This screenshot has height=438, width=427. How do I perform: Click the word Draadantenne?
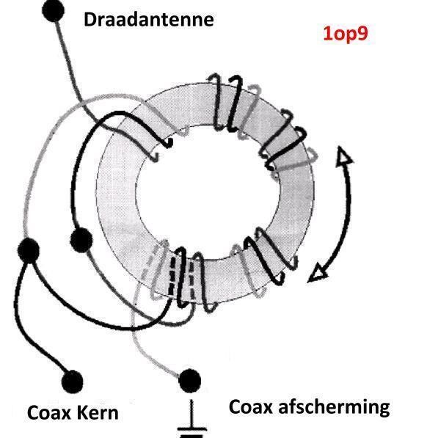[149, 20]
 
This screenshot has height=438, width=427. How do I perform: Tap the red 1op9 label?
[346, 34]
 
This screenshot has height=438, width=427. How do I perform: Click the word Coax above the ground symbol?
[250, 406]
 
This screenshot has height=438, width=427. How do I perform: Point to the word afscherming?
[334, 408]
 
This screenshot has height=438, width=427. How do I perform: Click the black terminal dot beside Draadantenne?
[53, 10]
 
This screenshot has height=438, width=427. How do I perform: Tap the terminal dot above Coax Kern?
[73, 382]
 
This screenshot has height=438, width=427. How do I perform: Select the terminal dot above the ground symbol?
[189, 381]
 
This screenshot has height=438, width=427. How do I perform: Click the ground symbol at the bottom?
[192, 419]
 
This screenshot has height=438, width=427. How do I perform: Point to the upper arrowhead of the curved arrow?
[343, 154]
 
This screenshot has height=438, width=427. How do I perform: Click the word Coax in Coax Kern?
[49, 413]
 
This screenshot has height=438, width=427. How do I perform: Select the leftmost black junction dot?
[28, 250]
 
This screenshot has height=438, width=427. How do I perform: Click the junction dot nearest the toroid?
[81, 240]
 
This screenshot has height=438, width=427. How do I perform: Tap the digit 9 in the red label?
[362, 34]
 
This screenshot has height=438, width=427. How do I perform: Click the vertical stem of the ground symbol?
[192, 413]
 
